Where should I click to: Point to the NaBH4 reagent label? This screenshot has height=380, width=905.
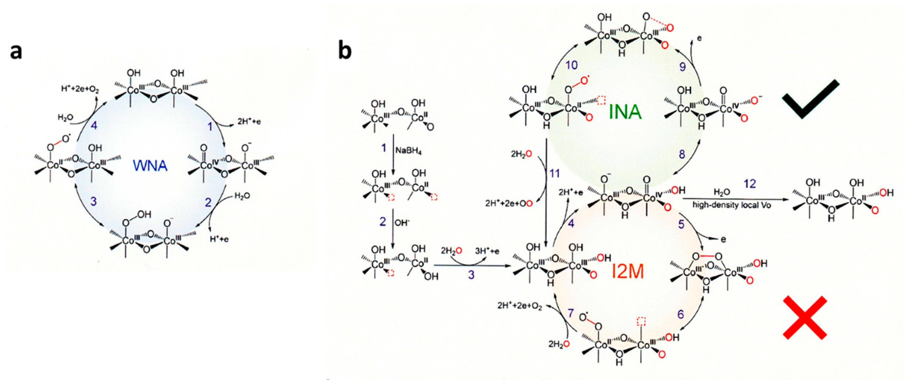[x=408, y=151]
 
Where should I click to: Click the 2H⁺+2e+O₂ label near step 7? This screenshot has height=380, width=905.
[x=519, y=306]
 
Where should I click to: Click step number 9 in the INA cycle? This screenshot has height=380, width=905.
[x=682, y=66]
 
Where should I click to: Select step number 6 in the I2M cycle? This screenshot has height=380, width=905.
[x=681, y=314]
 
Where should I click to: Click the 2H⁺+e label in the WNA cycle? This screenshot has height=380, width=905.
[x=248, y=122]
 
